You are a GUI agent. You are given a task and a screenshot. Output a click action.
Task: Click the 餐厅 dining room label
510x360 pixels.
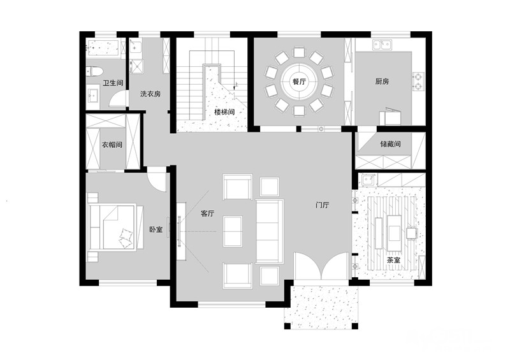[299, 82]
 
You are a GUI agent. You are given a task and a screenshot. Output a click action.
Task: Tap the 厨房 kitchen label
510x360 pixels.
[382, 82]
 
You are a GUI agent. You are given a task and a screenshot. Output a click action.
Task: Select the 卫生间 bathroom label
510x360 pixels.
[113, 83]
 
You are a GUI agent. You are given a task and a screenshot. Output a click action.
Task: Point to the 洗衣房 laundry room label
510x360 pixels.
[150, 94]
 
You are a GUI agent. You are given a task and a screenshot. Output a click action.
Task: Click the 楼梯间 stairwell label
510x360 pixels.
[224, 112]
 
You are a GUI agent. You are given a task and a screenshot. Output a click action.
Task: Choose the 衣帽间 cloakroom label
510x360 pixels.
[112, 145]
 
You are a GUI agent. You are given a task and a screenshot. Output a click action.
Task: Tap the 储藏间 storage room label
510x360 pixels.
[390, 144]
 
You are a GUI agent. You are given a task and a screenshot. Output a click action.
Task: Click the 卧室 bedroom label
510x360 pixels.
[156, 229]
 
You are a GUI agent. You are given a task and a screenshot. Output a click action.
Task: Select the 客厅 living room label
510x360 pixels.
[208, 213]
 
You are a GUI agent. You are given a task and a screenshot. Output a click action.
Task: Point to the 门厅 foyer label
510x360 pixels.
[323, 205]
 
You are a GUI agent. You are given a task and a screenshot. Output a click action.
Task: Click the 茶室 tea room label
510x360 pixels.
[393, 261]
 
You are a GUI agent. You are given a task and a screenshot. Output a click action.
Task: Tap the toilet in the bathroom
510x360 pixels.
[94, 71]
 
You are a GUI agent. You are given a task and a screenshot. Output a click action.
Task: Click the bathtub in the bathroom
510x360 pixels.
[103, 48]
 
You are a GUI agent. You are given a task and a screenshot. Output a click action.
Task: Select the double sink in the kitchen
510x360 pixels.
[382, 45]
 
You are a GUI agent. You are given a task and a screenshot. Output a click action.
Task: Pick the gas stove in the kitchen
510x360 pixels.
[418, 82]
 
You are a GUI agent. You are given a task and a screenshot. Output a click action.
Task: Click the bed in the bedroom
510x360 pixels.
[116, 227]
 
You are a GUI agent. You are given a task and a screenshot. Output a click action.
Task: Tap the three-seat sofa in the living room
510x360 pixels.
[270, 231]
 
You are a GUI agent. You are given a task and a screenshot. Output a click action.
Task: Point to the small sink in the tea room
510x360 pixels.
[368, 180]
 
